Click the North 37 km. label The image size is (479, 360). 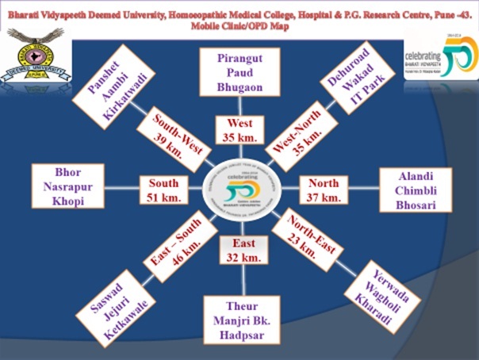tap(323, 190)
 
